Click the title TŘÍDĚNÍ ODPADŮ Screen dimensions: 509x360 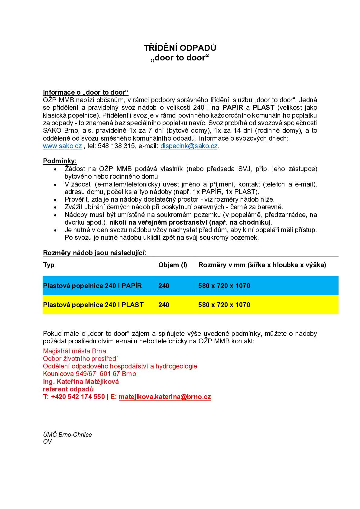pos(180,48)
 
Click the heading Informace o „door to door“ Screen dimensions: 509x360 pos(86,92)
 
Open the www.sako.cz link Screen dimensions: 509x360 pos(62,146)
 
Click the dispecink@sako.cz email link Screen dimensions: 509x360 pos(189,146)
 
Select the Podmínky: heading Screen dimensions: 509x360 pos(60,161)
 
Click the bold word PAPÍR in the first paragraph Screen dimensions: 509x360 pos(233,108)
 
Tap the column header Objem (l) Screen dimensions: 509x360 pos(173,265)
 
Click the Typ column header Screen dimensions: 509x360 pos(49,265)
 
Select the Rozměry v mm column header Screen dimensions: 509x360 pos(262,265)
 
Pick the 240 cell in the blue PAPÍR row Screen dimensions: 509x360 pos(164,286)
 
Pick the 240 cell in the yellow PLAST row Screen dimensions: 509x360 pos(164,305)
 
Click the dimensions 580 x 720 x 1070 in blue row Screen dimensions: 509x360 pos(224,286)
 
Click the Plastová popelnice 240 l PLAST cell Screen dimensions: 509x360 pos(93,305)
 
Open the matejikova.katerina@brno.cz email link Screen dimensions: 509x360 pos(165,397)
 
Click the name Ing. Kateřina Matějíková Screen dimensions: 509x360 pos(81,382)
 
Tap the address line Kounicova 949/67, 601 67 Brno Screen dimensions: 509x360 pos(89,374)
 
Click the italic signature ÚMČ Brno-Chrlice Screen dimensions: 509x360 pos(67,435)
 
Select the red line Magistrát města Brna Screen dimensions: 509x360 pos(74,351)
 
